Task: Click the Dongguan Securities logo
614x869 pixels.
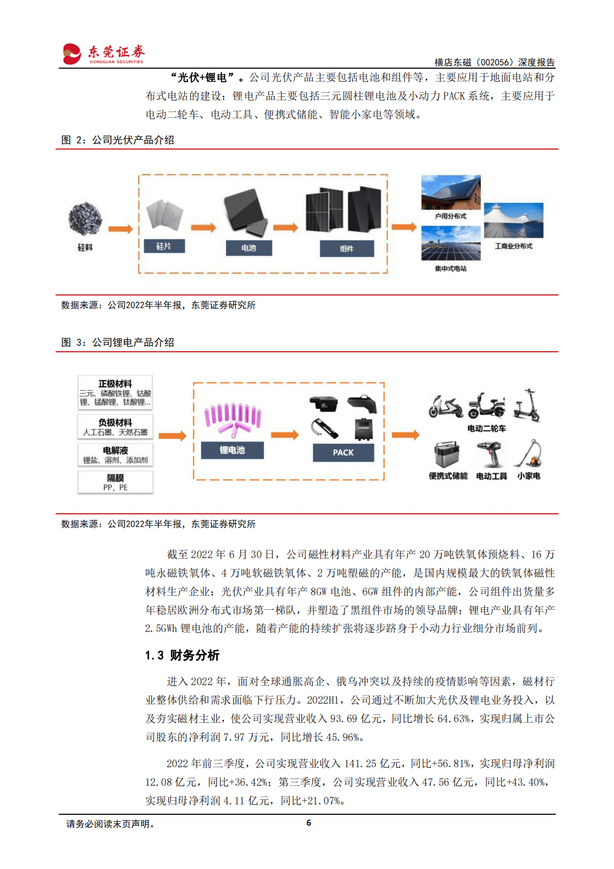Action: pos(103,54)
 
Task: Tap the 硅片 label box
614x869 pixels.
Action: pos(164,246)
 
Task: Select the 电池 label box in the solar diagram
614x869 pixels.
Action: pos(249,248)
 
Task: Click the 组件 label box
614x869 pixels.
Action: pos(347,248)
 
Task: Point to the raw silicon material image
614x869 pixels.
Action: pos(85,218)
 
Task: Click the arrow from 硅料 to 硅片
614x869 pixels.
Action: pos(120,229)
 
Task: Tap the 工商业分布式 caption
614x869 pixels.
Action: pos(513,246)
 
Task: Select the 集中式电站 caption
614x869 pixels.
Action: pos(450,268)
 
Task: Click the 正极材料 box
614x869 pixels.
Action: pos(115,392)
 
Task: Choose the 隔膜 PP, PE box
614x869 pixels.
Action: pos(115,482)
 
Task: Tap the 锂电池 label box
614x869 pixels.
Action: pos(232,450)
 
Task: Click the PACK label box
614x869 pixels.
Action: pos(343,452)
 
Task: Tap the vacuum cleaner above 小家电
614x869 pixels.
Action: pos(529,454)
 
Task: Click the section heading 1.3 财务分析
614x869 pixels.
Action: pos(182,655)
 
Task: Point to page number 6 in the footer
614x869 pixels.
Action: pos(309,823)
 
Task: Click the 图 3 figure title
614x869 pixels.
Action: pos(118,342)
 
